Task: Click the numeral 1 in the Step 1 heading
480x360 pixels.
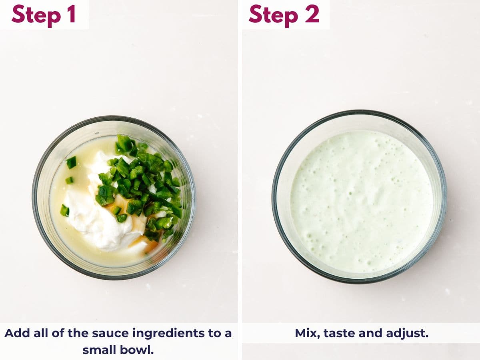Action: (71, 14)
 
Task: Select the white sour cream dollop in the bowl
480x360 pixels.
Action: (96, 220)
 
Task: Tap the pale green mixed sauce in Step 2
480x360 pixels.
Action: (360, 200)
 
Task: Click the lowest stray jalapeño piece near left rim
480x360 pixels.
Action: (64, 210)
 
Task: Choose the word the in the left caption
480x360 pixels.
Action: (78, 333)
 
